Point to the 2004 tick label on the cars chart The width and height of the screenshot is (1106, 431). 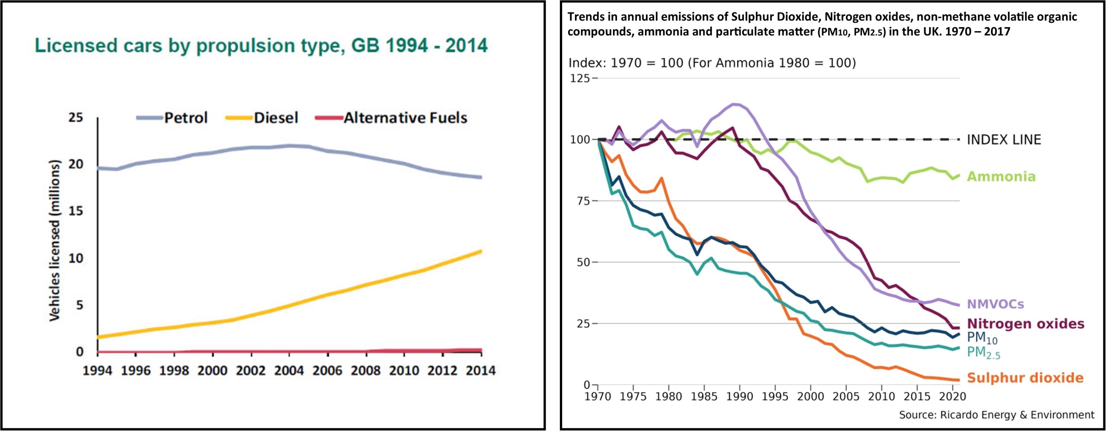point(289,371)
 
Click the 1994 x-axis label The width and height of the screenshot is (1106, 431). point(97,371)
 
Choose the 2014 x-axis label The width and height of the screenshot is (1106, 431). point(480,371)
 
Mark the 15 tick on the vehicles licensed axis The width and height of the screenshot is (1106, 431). point(76,211)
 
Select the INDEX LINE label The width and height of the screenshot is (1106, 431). point(1004,140)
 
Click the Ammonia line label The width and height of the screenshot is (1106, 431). point(1001,177)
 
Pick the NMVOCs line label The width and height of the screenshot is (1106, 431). point(995,304)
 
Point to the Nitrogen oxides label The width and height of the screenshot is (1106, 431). point(1025,324)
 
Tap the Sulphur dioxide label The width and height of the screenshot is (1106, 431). point(1025,378)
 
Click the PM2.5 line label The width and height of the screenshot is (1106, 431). point(983,353)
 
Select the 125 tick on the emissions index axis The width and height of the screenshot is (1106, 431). point(580,78)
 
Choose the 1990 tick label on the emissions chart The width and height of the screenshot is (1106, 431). point(740,396)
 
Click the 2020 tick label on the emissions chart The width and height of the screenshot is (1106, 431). point(953,396)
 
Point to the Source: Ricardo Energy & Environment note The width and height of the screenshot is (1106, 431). point(996,415)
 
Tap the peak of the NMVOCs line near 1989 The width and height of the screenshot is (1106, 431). point(733,104)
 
